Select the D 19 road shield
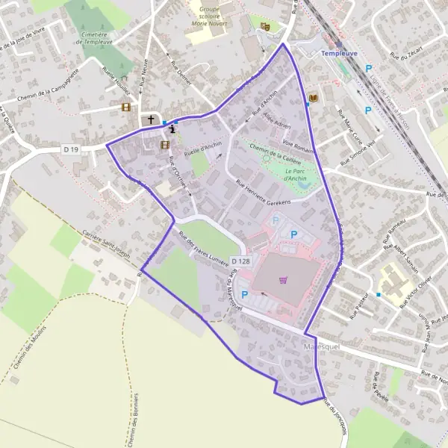tap(71, 149)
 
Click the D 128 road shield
tap(240, 261)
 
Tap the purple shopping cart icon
tap(282, 280)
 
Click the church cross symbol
tap(151, 119)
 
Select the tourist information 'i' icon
tap(173, 128)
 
